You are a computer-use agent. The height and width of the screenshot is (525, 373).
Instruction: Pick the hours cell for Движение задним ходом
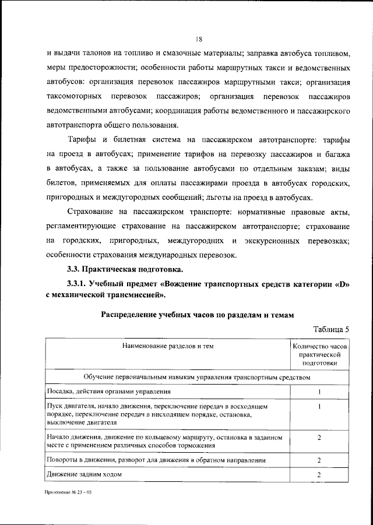pos(320,475)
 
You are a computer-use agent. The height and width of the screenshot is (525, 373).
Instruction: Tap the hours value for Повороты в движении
pos(320,460)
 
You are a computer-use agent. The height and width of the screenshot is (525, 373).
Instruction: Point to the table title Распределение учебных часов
pos(197,313)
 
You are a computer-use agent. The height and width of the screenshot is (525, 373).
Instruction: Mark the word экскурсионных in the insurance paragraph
pos(275,240)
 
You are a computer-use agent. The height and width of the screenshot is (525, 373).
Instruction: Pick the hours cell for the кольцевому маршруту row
pos(320,437)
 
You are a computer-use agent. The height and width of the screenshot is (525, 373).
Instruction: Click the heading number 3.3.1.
pos(80,284)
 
